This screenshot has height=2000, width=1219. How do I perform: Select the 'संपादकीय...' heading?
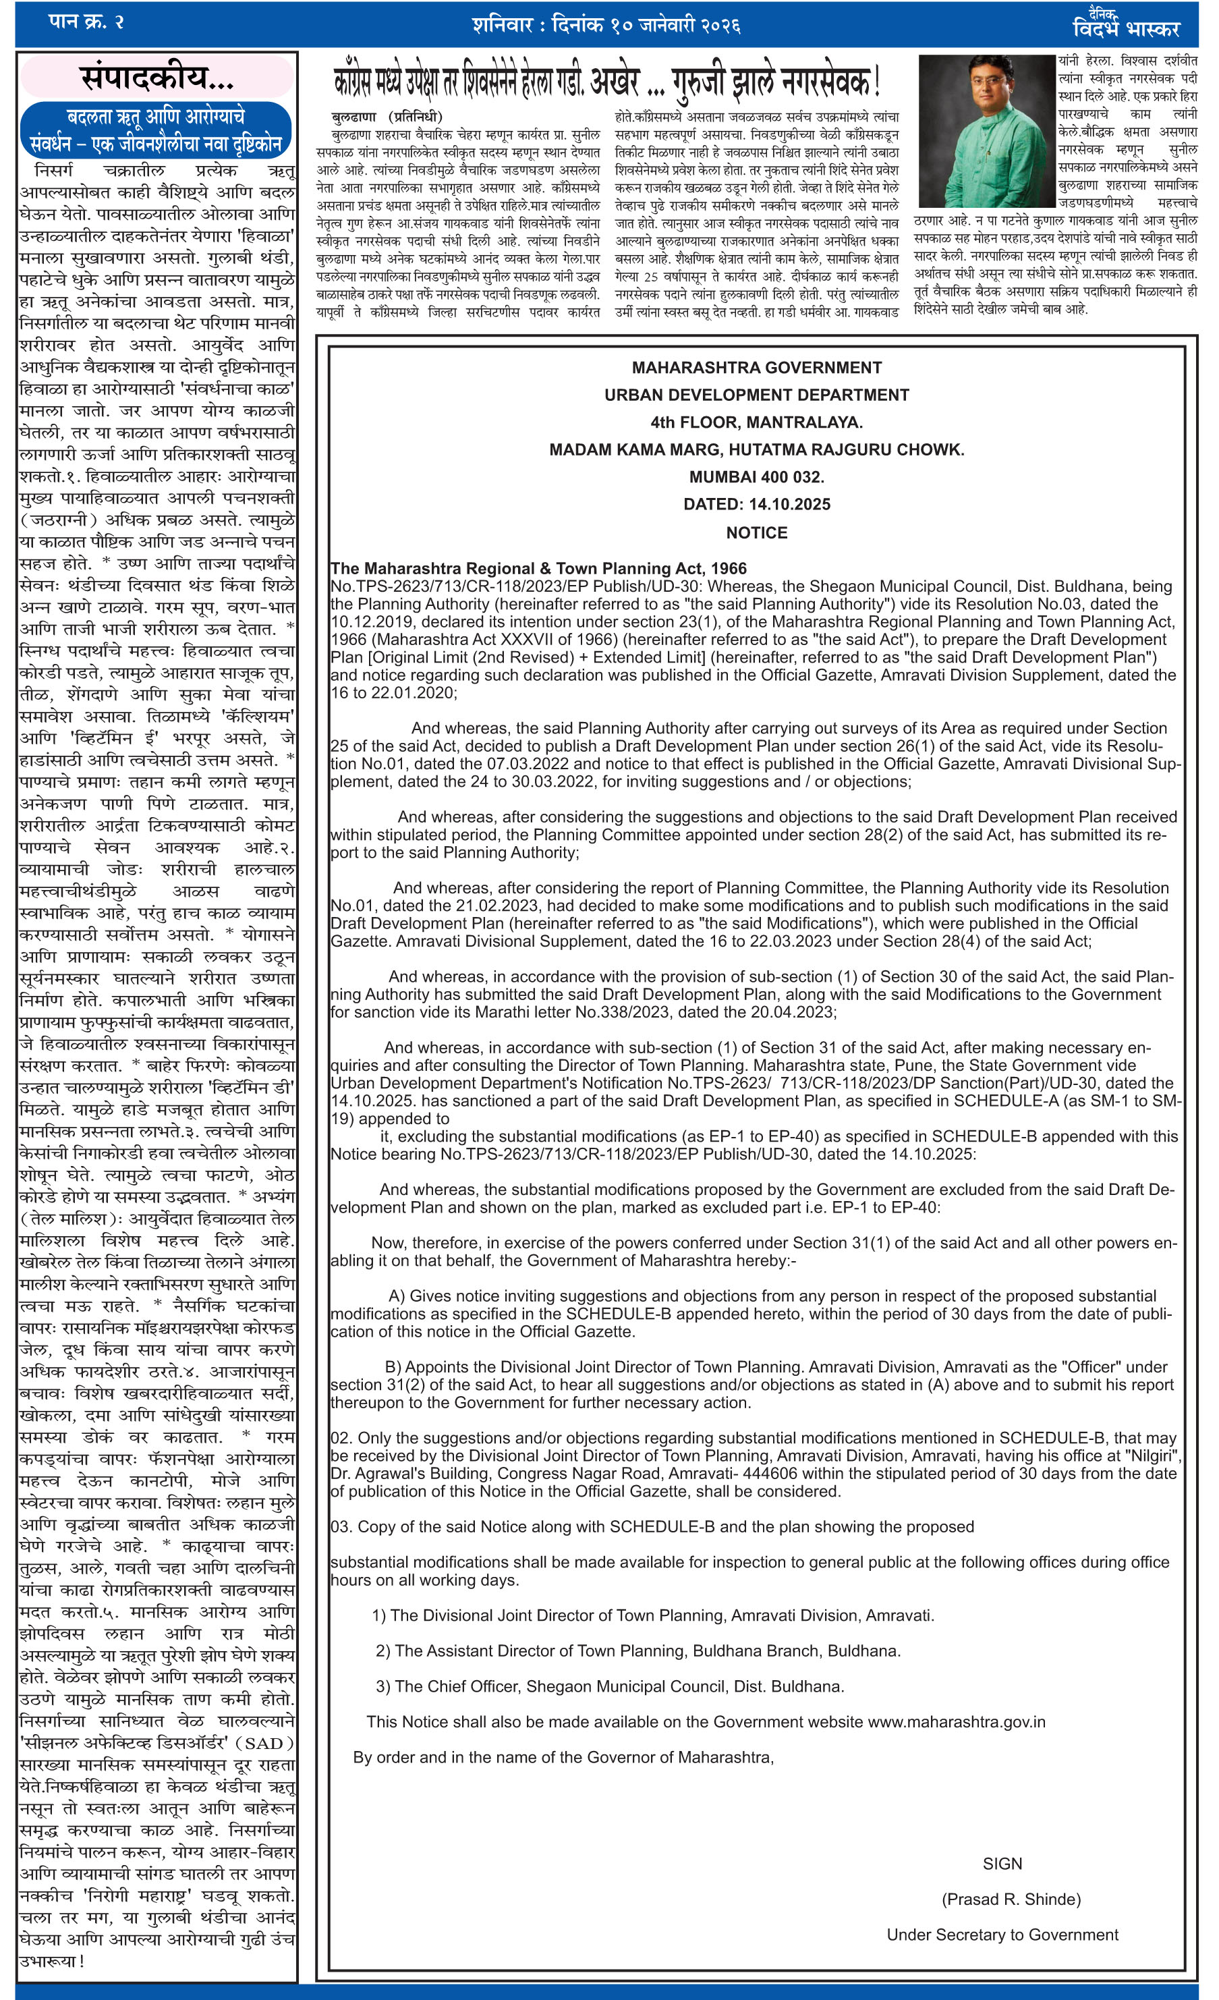coord(157,78)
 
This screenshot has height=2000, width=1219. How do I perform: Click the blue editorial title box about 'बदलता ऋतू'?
coord(156,130)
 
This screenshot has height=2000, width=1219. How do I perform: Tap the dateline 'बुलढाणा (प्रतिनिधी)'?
coord(387,117)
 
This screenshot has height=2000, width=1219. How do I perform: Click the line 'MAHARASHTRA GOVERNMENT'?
coord(756,368)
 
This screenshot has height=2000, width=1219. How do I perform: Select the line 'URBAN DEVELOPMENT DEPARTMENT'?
coord(756,395)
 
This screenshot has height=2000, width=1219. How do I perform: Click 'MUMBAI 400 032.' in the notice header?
coord(756,477)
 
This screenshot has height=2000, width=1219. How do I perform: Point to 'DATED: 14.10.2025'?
coord(756,504)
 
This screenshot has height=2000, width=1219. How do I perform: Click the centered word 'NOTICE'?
coord(756,532)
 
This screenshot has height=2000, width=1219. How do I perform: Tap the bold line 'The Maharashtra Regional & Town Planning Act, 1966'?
coord(538,568)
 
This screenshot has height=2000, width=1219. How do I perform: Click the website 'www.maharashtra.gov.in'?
coord(956,1721)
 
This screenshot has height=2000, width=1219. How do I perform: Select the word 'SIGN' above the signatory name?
coord(1002,1864)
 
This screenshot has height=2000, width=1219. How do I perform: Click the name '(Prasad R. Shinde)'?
coord(1011,1899)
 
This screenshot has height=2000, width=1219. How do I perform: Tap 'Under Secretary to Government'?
coord(1002,1935)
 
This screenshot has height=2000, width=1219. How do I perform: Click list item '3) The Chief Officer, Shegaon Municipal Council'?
coord(610,1686)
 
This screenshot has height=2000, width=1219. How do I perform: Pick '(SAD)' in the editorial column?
coord(269,1743)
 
